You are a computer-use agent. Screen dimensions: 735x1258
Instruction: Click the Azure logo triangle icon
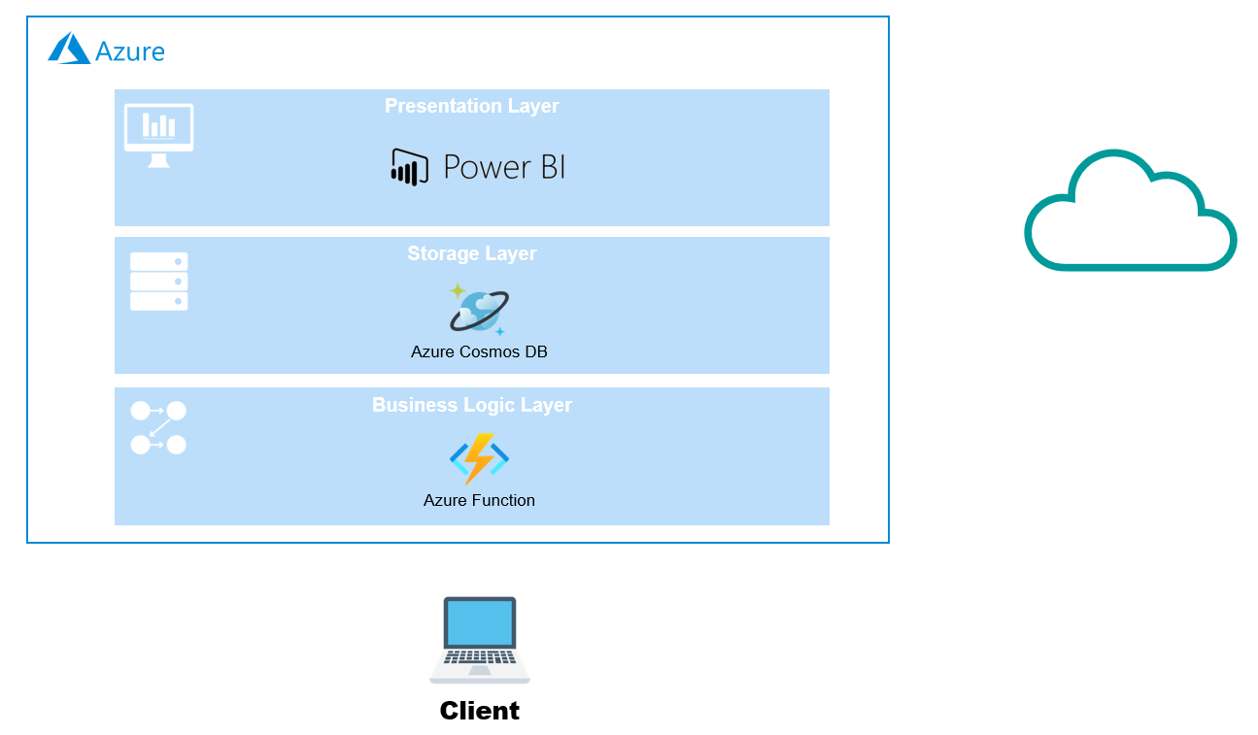(69, 49)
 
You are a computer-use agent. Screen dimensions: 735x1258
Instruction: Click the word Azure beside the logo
(130, 50)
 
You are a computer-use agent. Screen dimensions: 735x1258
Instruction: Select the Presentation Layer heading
(471, 106)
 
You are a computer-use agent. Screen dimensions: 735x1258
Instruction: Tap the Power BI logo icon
(409, 167)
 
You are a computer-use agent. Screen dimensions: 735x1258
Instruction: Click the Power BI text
(503, 167)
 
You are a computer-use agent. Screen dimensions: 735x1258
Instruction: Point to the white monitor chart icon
(158, 134)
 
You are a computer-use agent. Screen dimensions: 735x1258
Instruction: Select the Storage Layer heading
(471, 253)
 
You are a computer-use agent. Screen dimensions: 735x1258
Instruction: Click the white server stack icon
(158, 282)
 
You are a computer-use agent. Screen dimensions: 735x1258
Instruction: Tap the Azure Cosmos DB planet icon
(478, 310)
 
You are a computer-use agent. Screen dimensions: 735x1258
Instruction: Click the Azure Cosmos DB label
(479, 351)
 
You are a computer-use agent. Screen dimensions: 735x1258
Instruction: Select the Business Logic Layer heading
(471, 405)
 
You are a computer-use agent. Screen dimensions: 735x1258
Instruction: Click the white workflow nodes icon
(157, 428)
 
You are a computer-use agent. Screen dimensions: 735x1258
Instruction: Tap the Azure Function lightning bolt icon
(479, 458)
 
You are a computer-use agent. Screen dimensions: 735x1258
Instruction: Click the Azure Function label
(479, 500)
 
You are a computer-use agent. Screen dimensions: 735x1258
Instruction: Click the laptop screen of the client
(479, 622)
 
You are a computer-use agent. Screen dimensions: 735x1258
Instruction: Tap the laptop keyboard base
(479, 667)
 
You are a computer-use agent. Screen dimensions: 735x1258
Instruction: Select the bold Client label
(479, 711)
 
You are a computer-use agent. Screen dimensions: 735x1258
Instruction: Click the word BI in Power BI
(548, 167)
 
